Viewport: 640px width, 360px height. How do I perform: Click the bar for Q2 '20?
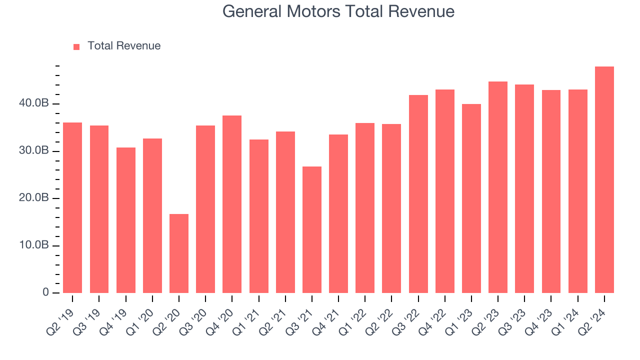tap(179, 253)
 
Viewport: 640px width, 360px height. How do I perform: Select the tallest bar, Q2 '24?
tap(604, 180)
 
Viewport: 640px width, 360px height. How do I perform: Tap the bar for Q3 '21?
tap(312, 230)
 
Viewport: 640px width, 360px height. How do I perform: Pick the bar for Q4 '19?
tap(126, 220)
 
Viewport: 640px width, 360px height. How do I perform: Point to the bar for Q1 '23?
tap(471, 198)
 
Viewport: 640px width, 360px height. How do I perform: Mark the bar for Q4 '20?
tap(232, 204)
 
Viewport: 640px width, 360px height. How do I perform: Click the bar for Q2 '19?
tap(72, 207)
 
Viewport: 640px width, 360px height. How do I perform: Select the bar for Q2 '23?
tap(498, 187)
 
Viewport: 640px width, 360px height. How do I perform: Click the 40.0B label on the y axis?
tap(34, 103)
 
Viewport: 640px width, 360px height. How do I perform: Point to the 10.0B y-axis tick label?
tap(34, 245)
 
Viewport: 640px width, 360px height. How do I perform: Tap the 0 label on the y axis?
tap(45, 292)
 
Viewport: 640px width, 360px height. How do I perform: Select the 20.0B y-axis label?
tap(34, 198)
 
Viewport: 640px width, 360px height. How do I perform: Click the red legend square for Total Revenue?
tap(76, 46)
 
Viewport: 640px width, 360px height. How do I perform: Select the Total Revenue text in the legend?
tap(124, 46)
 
